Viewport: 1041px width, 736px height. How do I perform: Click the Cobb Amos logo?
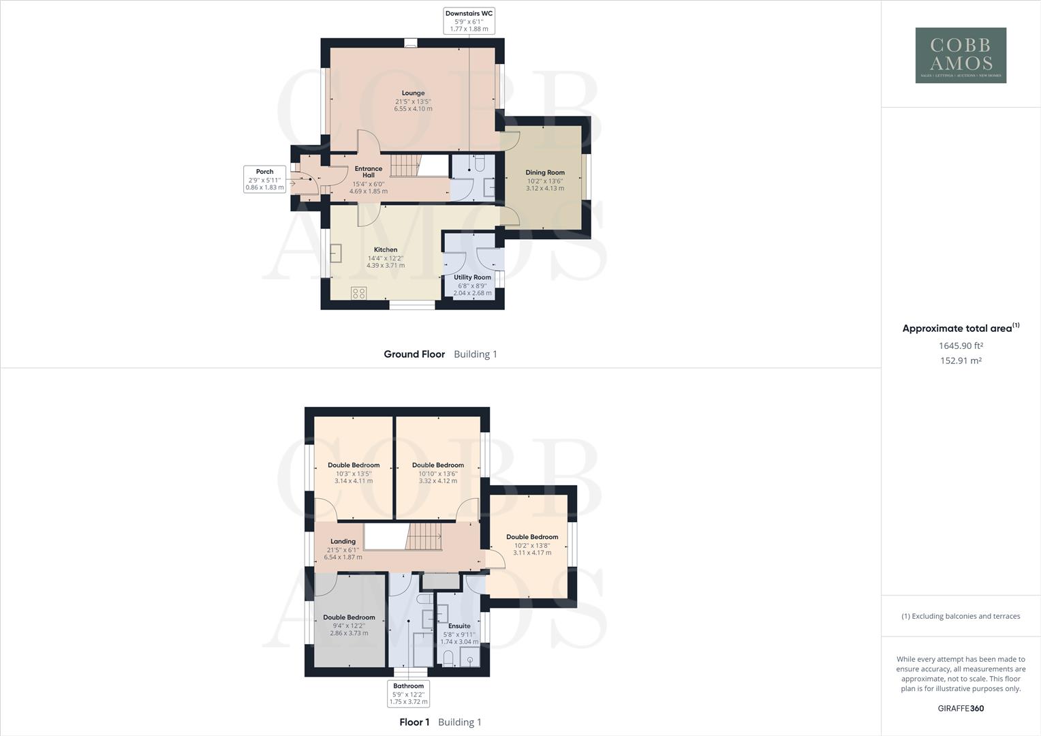(x=961, y=55)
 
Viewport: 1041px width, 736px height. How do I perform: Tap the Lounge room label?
(x=413, y=93)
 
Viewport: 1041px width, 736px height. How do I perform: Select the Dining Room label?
(x=545, y=173)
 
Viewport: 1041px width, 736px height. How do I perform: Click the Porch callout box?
(x=264, y=179)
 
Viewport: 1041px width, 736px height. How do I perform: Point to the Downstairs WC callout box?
(x=469, y=21)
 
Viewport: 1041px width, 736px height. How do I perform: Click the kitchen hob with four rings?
(x=358, y=293)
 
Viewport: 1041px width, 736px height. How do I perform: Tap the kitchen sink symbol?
(x=336, y=254)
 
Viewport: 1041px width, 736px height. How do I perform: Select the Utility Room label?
(x=472, y=278)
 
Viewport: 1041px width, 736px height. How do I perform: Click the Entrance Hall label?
(x=369, y=172)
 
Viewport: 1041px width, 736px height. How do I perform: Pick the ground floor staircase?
(x=407, y=166)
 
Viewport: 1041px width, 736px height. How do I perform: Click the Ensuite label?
(x=459, y=626)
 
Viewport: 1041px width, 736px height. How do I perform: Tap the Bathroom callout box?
(x=409, y=694)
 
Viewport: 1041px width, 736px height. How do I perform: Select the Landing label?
(x=343, y=542)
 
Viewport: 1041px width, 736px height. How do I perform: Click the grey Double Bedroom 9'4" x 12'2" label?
(x=349, y=618)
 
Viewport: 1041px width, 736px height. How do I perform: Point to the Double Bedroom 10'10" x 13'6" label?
(x=438, y=465)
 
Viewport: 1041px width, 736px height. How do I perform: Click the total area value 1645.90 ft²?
(x=961, y=346)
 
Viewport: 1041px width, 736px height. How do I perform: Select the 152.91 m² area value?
(x=961, y=361)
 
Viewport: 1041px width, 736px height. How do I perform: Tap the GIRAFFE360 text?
(x=961, y=709)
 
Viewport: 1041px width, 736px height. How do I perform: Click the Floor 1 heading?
(x=414, y=722)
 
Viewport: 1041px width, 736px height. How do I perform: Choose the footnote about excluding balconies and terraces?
(x=961, y=617)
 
